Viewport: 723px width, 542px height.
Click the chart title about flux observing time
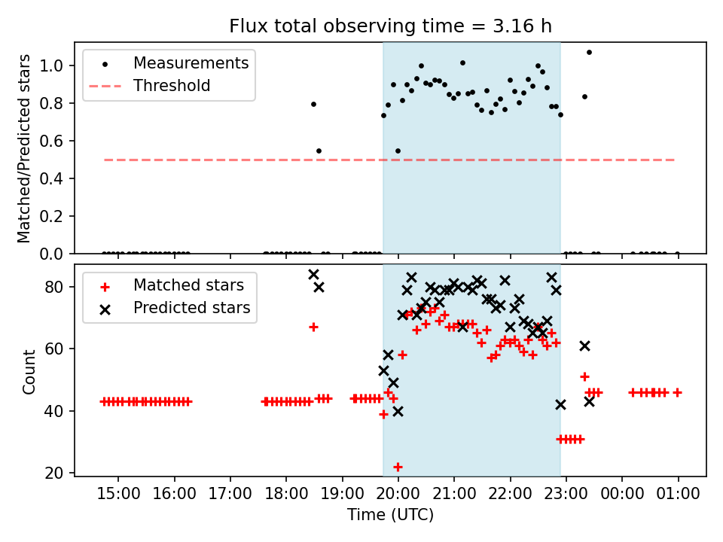pos(390,26)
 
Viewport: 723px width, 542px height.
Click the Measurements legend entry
pos(191,63)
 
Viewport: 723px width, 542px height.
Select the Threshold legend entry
pos(171,86)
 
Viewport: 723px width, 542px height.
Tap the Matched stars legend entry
pos(188,285)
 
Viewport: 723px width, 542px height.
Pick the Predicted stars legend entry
pos(191,308)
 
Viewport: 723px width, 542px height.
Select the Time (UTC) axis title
pos(390,515)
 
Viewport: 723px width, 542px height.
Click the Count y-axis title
pos(29,372)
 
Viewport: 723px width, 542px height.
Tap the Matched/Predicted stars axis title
pos(24,148)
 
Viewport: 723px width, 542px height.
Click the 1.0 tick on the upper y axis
pos(57,65)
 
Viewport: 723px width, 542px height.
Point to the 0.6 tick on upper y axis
pos(57,141)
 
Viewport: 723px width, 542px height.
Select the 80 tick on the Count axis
pos(60,287)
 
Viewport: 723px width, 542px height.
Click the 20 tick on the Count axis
pos(60,473)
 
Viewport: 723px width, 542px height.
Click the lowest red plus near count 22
pos(398,467)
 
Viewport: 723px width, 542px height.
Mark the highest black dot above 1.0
pos(589,53)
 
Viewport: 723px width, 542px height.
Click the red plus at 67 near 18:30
pos(313,327)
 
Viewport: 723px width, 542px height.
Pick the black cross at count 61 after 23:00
pos(584,346)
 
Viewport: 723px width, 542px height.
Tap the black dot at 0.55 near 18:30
pos(319,151)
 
